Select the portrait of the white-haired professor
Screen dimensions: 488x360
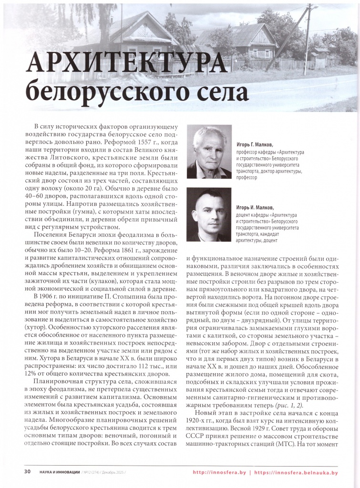coord(209,152)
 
